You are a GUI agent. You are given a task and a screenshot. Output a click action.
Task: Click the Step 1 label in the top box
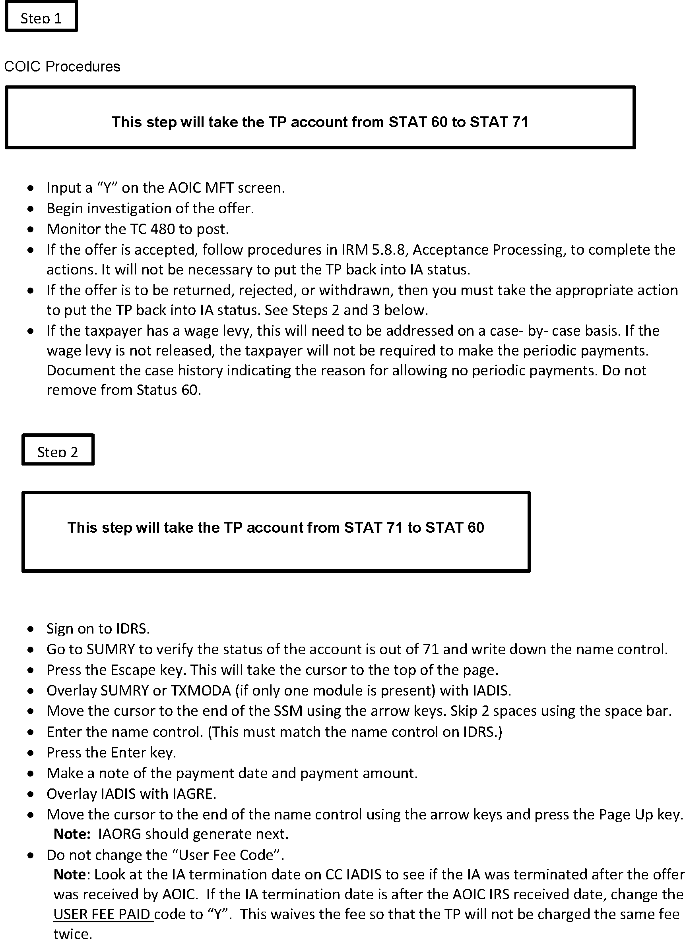(41, 18)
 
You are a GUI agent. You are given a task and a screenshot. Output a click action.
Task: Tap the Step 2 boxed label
(58, 452)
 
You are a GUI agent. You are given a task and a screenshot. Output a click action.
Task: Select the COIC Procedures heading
(62, 67)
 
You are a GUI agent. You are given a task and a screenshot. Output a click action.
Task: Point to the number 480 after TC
(163, 229)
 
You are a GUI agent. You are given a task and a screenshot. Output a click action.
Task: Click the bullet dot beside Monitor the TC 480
(31, 230)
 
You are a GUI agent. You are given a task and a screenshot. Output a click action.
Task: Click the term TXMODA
(201, 690)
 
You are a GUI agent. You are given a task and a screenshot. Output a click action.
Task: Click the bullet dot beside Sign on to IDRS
(31, 629)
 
